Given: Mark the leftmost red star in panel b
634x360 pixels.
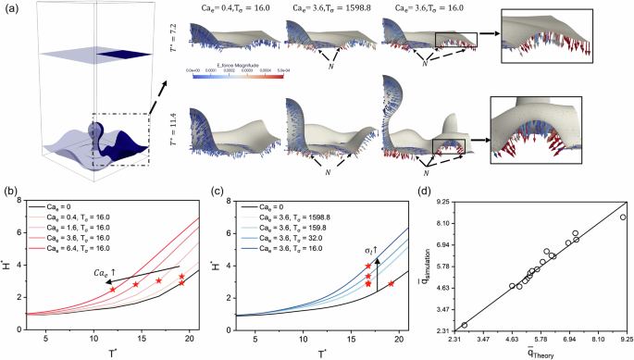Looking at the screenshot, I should (x=113, y=290).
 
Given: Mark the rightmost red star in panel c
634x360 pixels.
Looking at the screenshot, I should (x=391, y=283).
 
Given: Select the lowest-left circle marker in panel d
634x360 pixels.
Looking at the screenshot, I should (x=465, y=325).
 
